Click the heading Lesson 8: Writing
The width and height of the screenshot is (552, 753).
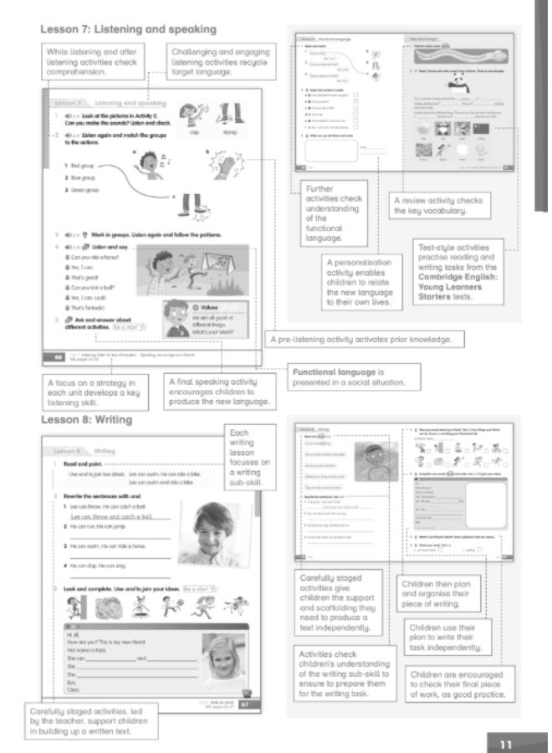click(x=92, y=417)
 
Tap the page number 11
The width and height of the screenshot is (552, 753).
click(x=505, y=743)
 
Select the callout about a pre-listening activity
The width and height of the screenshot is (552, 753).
click(x=361, y=340)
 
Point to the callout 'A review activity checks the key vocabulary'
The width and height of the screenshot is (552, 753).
click(x=437, y=206)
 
